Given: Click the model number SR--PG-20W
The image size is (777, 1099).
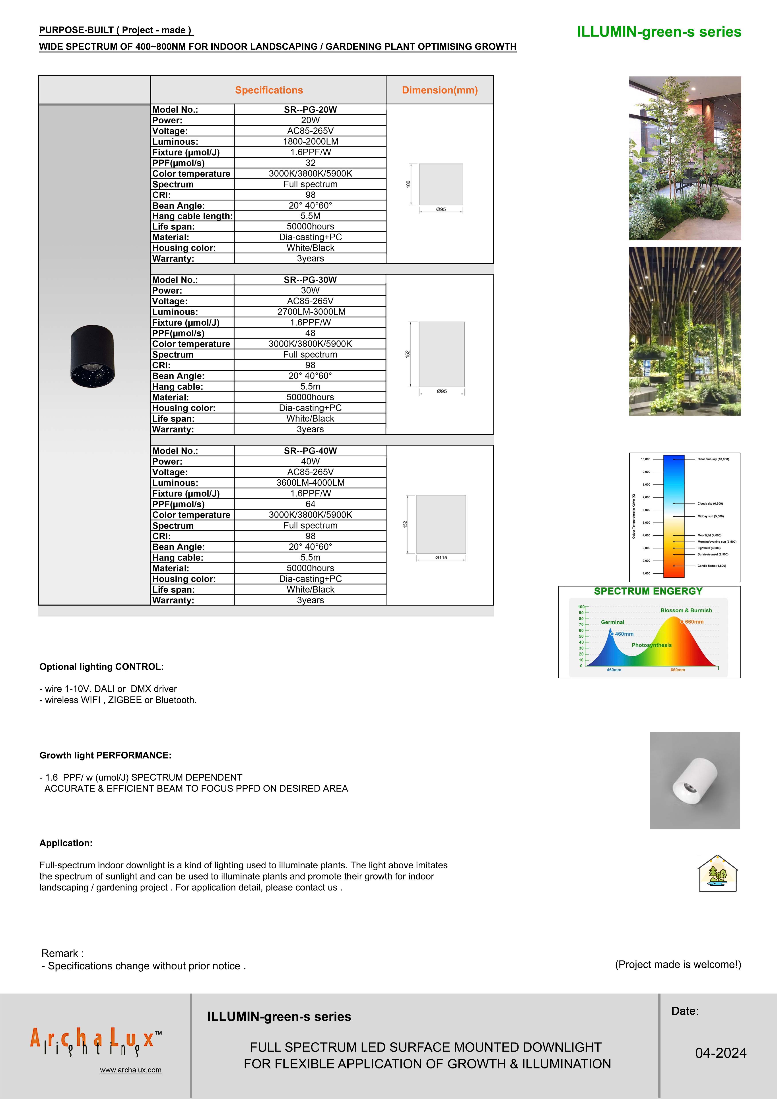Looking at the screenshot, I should (310, 110).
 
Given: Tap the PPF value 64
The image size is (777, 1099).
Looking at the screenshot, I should (310, 504).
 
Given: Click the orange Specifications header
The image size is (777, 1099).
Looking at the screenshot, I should (269, 90).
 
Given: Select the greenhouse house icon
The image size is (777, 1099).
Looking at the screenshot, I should (717, 873).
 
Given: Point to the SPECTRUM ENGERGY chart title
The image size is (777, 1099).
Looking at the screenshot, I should (648, 591).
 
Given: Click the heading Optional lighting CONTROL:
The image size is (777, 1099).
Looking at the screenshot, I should (101, 667).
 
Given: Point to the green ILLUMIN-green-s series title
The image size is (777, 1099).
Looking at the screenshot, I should (659, 32).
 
